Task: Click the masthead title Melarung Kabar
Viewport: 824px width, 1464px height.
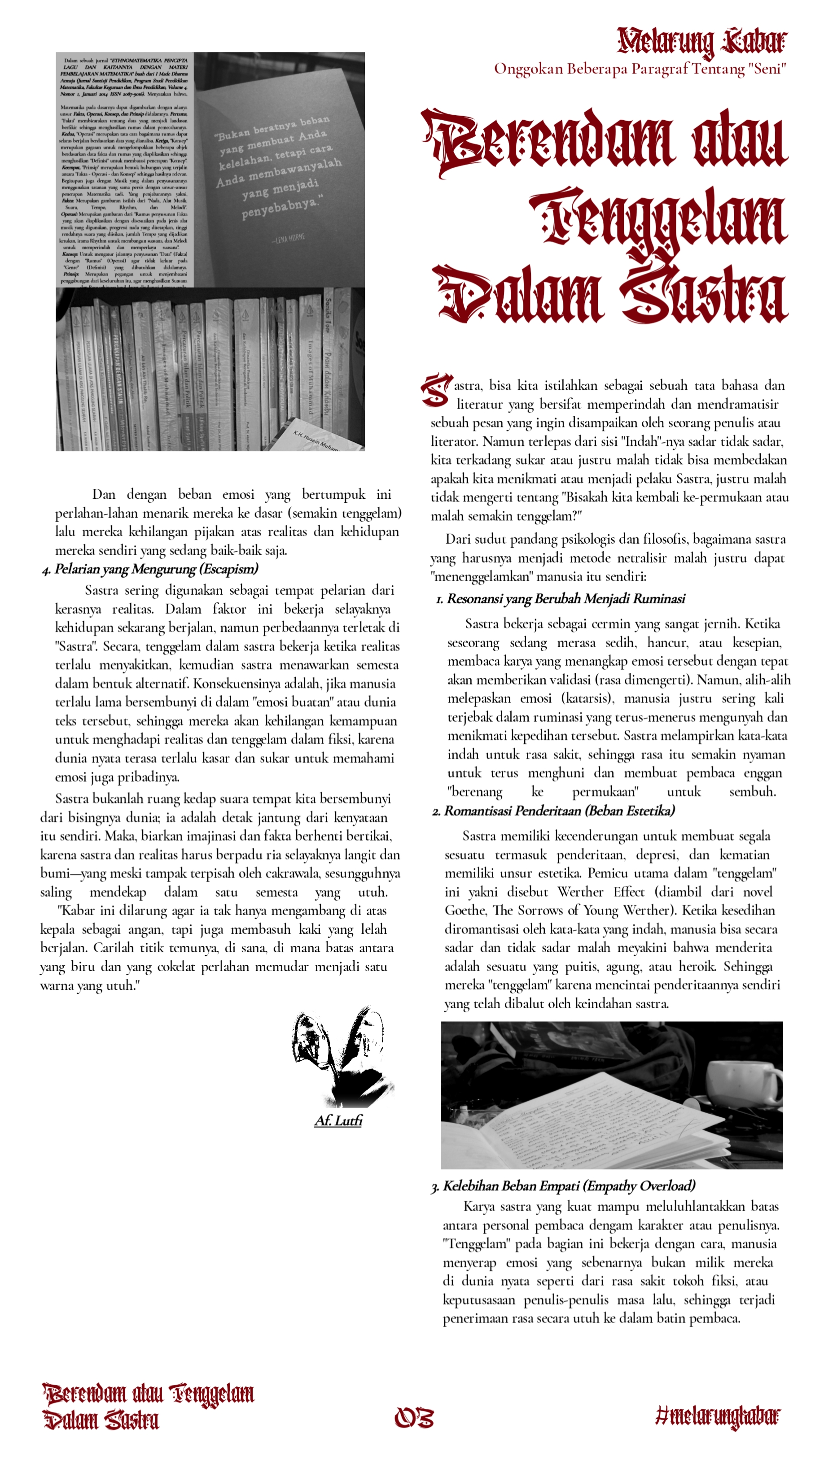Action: [x=702, y=42]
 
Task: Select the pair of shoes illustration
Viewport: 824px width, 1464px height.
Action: [x=341, y=1057]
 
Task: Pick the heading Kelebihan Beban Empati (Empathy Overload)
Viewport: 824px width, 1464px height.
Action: [x=569, y=1185]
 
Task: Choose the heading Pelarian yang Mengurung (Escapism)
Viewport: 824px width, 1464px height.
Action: [x=156, y=569]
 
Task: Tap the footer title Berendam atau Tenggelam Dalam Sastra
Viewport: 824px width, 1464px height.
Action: [x=148, y=1407]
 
